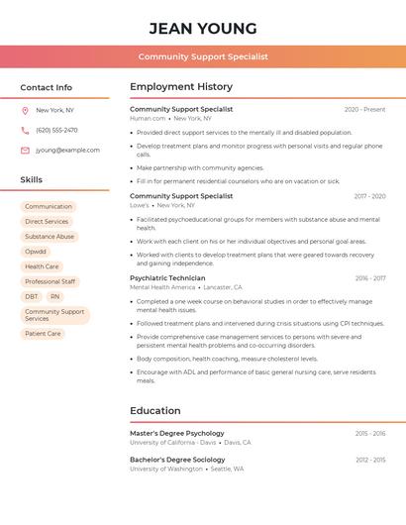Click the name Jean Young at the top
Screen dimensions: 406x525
(203, 29)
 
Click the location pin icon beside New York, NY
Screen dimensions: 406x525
(25, 110)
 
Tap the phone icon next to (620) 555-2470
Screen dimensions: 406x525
(25, 130)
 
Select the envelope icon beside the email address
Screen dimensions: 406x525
(25, 151)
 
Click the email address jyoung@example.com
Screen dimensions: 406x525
(67, 151)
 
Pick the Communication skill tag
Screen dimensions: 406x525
(49, 206)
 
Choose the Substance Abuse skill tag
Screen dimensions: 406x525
(50, 237)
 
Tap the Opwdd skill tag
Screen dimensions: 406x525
(36, 252)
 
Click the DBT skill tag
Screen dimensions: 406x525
(32, 296)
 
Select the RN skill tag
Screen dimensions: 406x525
(54, 296)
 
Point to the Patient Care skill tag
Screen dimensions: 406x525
(43, 334)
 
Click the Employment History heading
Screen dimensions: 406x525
(181, 87)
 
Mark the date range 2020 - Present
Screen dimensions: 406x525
(364, 110)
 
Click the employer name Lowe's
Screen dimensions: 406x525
(139, 205)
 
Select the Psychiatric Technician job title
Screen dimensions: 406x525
(167, 278)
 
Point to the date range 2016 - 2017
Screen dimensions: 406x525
(370, 278)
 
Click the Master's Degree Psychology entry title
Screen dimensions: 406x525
(177, 433)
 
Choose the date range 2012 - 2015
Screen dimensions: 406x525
(370, 460)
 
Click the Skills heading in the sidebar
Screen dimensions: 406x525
(32, 180)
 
